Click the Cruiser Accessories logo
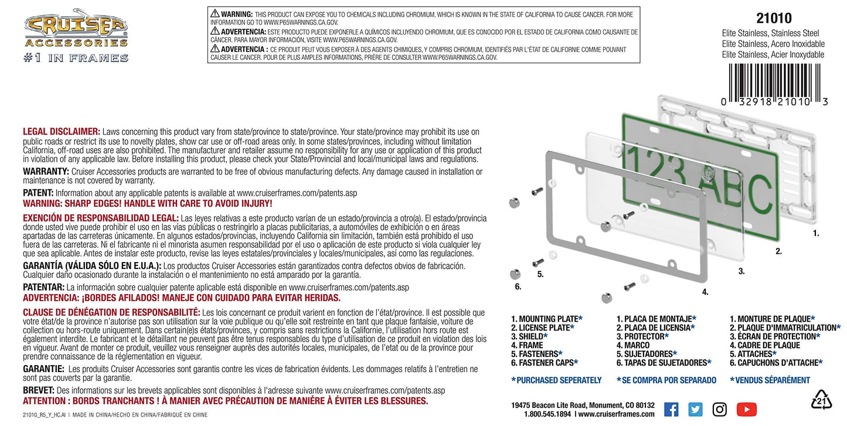coord(76,36)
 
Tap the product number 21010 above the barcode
coord(774,18)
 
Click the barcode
coord(775,84)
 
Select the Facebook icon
coord(671,410)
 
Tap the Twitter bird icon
coord(695,410)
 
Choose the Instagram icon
coord(720,410)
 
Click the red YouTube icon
coord(746,410)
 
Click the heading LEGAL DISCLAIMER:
coord(62,131)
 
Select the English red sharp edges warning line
coord(148,204)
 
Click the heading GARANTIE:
coord(43,369)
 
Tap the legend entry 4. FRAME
coord(527,345)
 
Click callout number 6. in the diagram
coord(518,287)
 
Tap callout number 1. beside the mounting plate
coord(816,234)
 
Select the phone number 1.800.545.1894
coord(547,414)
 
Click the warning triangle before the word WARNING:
coord(215,13)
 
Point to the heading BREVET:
coord(39,390)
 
